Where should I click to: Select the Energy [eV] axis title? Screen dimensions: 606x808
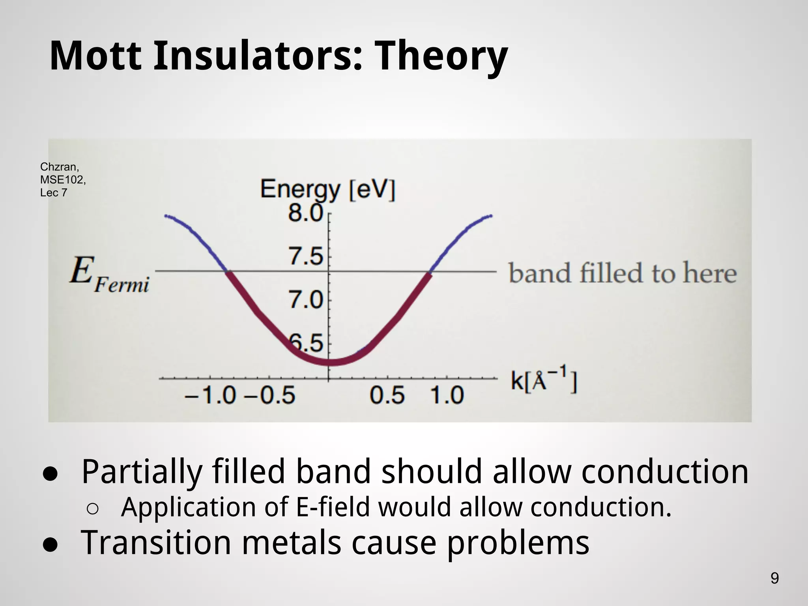click(x=327, y=190)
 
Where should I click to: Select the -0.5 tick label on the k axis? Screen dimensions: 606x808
click(x=269, y=395)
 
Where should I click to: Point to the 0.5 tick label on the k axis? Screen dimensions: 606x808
click(x=387, y=395)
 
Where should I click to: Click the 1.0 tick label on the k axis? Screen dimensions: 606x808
click(x=447, y=395)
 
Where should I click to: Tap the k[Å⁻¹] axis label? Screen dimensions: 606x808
click(x=544, y=380)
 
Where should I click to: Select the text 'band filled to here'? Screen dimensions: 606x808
click(x=622, y=273)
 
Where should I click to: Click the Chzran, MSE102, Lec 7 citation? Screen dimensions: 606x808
click(x=62, y=180)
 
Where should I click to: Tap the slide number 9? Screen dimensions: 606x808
click(x=774, y=578)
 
